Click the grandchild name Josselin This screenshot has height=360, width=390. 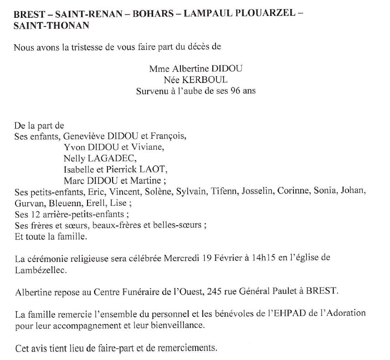coord(257,191)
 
